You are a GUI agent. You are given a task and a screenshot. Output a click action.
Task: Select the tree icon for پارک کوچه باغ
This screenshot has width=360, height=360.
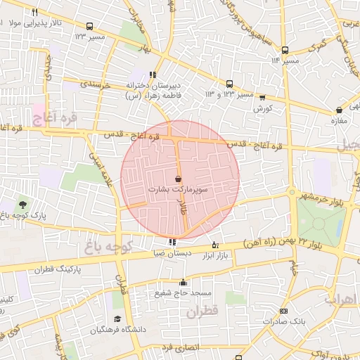pos(24,204)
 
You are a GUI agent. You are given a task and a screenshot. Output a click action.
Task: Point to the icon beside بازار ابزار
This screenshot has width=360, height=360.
pos(215,244)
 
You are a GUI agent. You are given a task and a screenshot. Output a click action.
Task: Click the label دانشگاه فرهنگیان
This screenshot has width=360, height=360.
pos(138,329)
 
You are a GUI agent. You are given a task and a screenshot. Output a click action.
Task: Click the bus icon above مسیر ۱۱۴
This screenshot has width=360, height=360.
pos(285,50)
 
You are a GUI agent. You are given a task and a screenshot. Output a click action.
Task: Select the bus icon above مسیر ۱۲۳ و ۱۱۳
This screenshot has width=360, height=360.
pos(229,82)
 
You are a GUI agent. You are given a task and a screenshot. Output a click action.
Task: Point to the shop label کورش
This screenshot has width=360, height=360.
pos(262,109)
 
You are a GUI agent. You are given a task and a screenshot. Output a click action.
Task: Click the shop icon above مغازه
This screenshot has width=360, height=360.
pos(340,110)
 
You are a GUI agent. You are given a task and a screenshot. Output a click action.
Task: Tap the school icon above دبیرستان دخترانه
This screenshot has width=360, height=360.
pos(153,75)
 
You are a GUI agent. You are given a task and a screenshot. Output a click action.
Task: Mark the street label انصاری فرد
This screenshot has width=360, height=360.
pos(181,348)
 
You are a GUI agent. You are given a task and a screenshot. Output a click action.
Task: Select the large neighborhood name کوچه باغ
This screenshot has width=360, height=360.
pos(104,246)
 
